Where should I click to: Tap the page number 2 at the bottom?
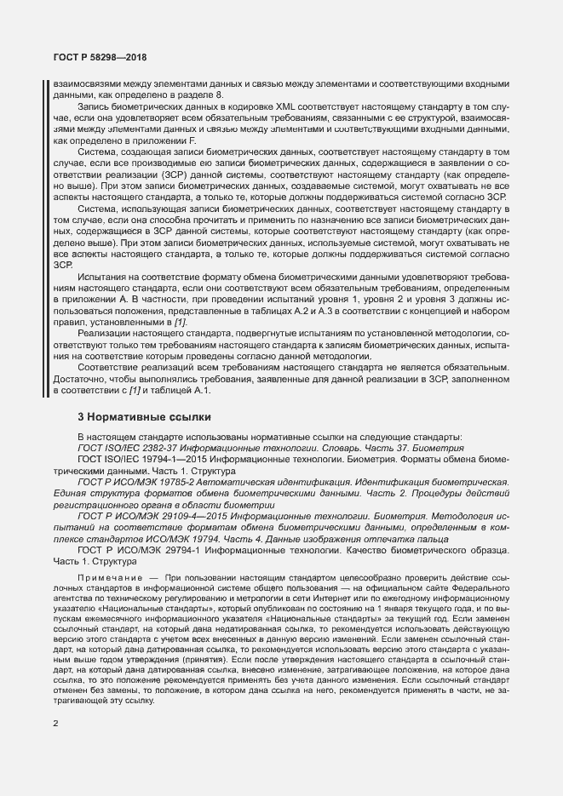click(x=55, y=724)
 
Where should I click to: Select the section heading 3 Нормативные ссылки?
click(x=138, y=417)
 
